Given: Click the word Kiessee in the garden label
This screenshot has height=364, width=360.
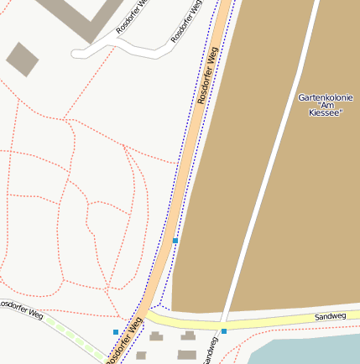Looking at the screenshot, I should (x=325, y=112).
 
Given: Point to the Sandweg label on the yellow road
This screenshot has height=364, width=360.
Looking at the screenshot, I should (x=330, y=316).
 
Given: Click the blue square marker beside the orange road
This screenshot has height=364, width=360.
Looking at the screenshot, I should (x=175, y=241).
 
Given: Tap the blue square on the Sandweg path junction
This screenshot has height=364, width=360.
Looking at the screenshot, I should (x=224, y=331).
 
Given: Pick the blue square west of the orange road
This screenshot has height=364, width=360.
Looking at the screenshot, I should (x=116, y=332).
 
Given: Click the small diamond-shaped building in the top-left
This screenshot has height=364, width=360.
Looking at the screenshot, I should (x=22, y=59).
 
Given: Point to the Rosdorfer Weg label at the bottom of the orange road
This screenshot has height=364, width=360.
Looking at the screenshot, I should (x=126, y=339).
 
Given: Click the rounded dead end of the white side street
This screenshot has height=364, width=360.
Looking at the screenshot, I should (x=77, y=54).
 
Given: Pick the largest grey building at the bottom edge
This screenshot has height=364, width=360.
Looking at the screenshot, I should (x=187, y=354).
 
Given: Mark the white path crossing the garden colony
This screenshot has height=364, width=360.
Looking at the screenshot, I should (x=270, y=168).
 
